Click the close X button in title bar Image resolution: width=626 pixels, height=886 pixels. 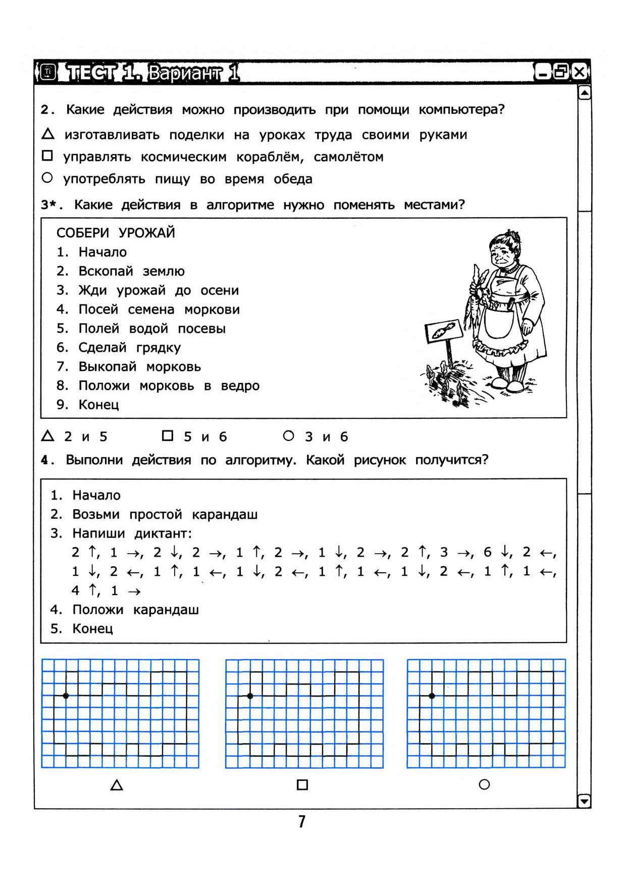pos(579,72)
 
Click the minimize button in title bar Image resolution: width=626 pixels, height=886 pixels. pos(543,73)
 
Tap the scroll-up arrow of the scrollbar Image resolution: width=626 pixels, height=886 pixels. pos(584,93)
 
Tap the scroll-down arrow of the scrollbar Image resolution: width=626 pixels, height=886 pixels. pos(584,801)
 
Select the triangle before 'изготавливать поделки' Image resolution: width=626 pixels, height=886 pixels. pos(48,134)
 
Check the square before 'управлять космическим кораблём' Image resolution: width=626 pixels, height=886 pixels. pos(47,156)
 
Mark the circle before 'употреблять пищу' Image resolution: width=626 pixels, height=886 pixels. pos(47,178)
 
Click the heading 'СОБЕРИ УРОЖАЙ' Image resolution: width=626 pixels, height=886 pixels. pos(116,233)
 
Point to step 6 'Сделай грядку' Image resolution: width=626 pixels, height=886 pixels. pos(129,348)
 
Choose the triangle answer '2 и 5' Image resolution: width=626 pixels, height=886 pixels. pos(47,436)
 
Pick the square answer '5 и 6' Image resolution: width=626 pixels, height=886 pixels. pos(168,435)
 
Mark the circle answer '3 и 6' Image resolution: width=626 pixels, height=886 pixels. pos(288,435)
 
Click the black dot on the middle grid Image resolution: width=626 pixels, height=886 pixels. pos(250,696)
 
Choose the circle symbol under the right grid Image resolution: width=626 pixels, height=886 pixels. pos(484,784)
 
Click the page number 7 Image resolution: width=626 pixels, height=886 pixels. pos(302,822)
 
